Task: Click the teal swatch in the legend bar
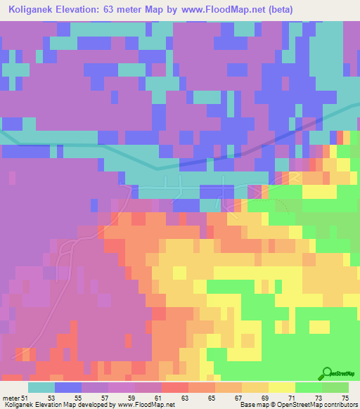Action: (x=41, y=387)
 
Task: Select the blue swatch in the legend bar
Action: (x=68, y=387)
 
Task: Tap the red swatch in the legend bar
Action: (x=174, y=387)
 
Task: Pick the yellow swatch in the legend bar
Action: (x=281, y=387)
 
